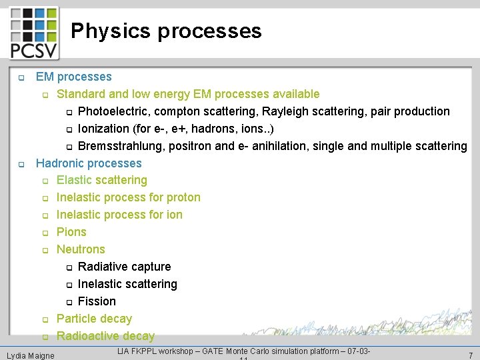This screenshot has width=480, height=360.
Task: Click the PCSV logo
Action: pyautogui.click(x=33, y=33)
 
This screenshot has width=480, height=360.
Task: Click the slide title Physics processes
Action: pyautogui.click(x=166, y=31)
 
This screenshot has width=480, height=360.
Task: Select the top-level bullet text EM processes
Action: pyautogui.click(x=73, y=77)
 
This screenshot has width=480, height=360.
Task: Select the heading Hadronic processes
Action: pyautogui.click(x=89, y=163)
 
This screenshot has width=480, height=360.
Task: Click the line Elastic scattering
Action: pyautogui.click(x=101, y=180)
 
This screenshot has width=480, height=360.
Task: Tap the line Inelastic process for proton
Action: pyautogui.click(x=128, y=197)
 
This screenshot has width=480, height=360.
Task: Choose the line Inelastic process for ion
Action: pyautogui.click(x=119, y=215)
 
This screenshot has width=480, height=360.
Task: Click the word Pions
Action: pyautogui.click(x=71, y=232)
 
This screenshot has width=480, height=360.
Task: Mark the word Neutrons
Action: pyautogui.click(x=81, y=249)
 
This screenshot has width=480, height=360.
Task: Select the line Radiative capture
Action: pyautogui.click(x=124, y=267)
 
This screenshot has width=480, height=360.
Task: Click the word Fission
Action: pyautogui.click(x=97, y=301)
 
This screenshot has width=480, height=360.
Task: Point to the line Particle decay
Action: pyautogui.click(x=94, y=319)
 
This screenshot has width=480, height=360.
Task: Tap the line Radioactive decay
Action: pyautogui.click(x=105, y=336)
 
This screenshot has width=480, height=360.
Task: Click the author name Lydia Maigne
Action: pyautogui.click(x=31, y=355)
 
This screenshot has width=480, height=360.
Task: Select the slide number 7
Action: pyautogui.click(x=470, y=355)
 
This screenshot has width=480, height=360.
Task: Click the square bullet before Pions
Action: pyautogui.click(x=45, y=233)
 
